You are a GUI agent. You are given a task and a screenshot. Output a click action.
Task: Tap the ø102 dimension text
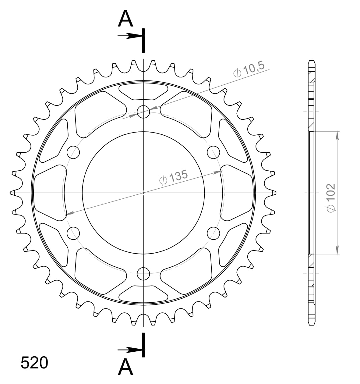pos(331,197)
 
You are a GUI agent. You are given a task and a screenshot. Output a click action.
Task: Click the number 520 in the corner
pos(34,363)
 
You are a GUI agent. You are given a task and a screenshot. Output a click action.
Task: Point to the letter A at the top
pos(125,19)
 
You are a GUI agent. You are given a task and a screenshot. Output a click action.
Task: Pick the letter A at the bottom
pos(125,367)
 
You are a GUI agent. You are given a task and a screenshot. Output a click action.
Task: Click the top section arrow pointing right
pos(128,36)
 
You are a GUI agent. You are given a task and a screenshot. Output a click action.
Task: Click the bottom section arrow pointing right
pos(128,349)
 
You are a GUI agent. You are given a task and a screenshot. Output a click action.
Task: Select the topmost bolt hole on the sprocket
pos(143,112)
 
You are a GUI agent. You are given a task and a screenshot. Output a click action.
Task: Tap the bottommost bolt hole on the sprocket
pos(143,273)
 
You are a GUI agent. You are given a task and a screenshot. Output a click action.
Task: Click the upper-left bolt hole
pos(73,152)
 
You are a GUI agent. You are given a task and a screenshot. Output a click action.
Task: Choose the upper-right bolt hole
pos(214,152)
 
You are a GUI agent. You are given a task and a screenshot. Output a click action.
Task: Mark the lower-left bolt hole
pos(73,233)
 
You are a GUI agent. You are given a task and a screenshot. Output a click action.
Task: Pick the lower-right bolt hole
pos(214,233)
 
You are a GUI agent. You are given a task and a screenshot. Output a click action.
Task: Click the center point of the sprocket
pos(143,193)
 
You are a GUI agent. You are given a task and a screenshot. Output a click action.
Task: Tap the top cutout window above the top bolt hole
pos(143,92)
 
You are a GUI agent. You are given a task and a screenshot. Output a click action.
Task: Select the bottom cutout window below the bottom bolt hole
pos(143,294)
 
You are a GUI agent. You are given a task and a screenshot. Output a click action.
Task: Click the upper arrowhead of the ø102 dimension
pos(337,136)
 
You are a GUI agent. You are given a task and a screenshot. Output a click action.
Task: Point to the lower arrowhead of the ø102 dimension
pos(337,250)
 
